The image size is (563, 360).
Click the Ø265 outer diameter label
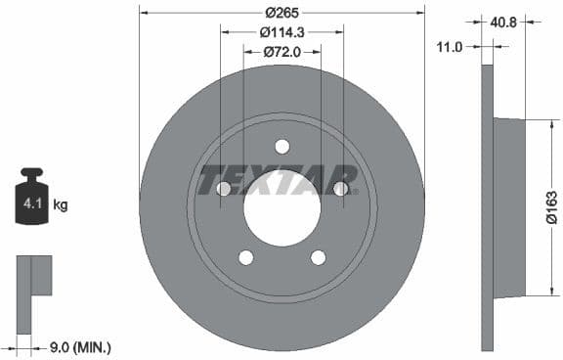pos(281,13)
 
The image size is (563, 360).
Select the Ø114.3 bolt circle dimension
pos(281,32)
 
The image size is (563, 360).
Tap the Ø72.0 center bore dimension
pos(281,52)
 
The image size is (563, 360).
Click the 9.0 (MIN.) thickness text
pos(79,346)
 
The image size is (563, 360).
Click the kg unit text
pos(60,205)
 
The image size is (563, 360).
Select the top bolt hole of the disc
pos(282,147)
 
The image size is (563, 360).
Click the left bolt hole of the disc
pos(223,189)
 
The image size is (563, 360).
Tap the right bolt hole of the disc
pos(341,189)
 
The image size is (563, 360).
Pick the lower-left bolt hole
pos(245,257)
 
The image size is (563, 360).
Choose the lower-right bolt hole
pos(318,257)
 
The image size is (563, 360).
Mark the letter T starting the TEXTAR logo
pos(211,180)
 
